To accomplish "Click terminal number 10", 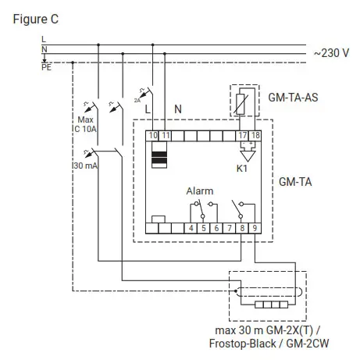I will pyautogui.click(x=153, y=136).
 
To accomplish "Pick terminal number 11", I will pyautogui.click(x=166, y=136).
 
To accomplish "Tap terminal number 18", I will pyautogui.click(x=255, y=136).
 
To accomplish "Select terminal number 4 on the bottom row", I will pyautogui.click(x=192, y=228).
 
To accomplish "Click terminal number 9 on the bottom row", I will pyautogui.click(x=255, y=228).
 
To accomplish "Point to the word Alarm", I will pyautogui.click(x=199, y=190).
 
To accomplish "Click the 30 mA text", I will pyautogui.click(x=86, y=166).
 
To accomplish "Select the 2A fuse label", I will pyautogui.click(x=138, y=100).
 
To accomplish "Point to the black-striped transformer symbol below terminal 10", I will pyautogui.click(x=159, y=156).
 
